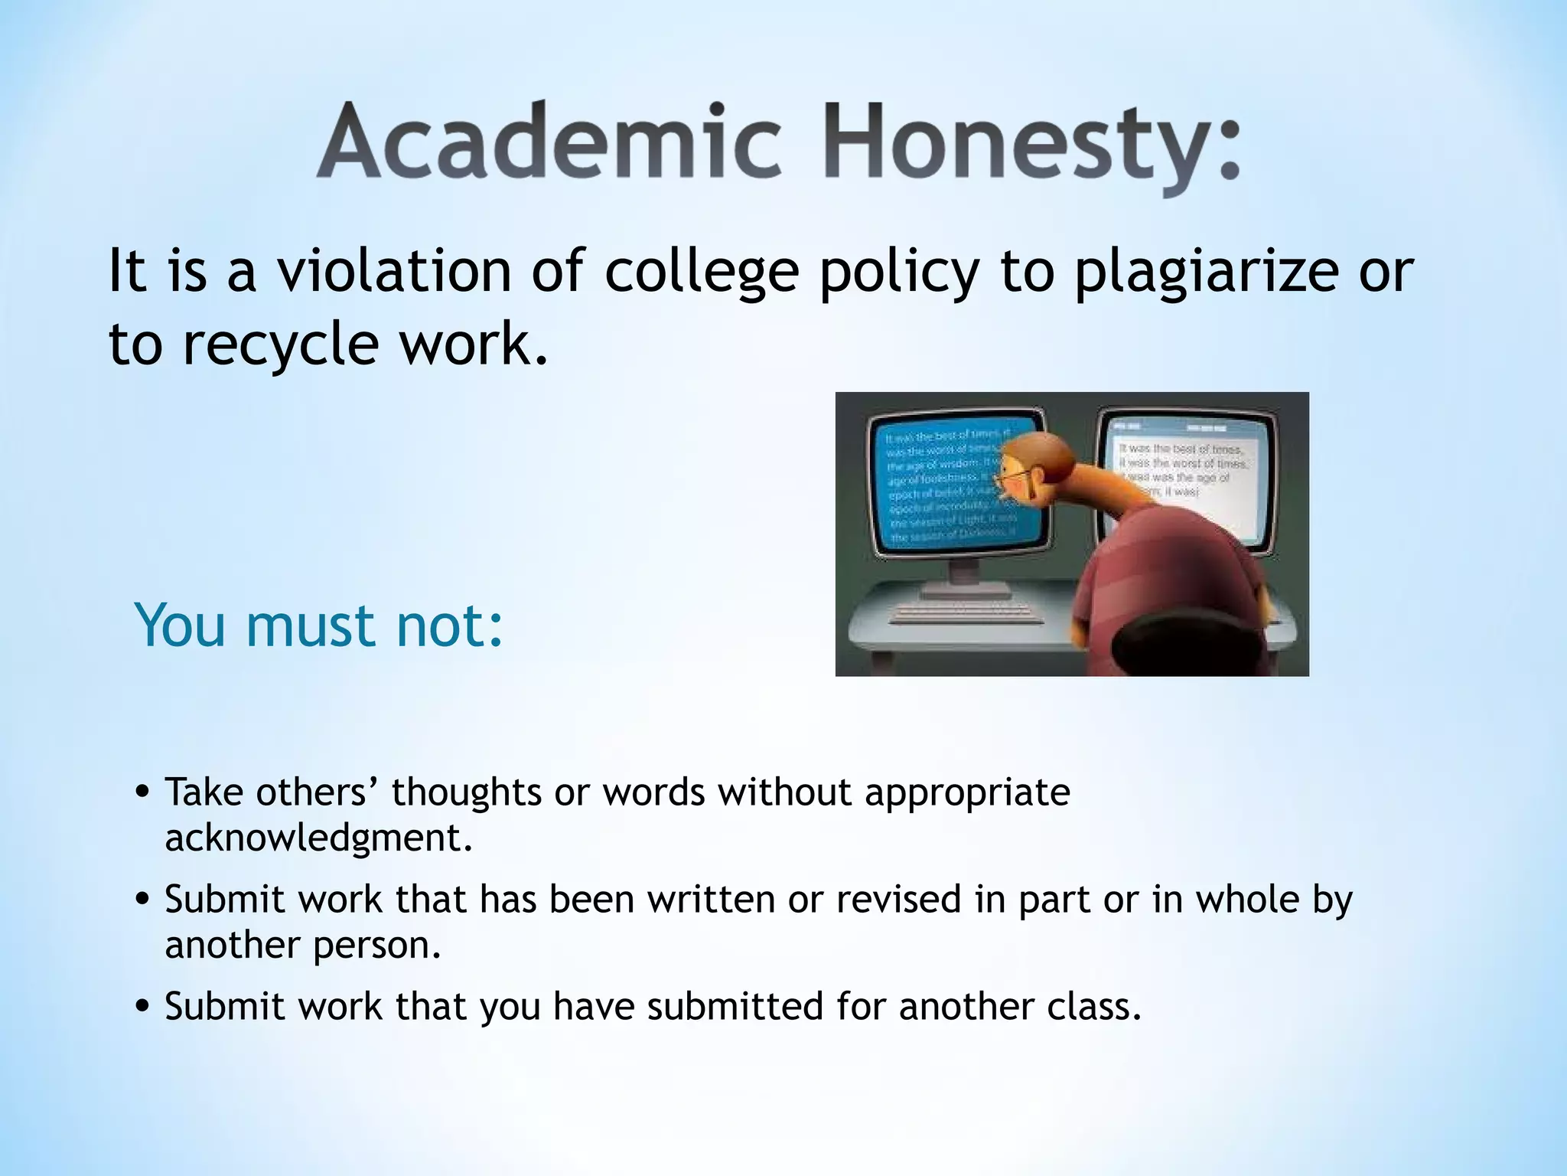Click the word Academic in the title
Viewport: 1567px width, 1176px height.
click(549, 142)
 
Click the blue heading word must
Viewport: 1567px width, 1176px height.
click(310, 626)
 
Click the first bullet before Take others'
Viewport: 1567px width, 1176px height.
click(142, 794)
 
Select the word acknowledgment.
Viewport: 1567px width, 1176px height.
click(318, 838)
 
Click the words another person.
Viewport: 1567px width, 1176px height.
click(303, 945)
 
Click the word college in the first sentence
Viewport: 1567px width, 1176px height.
click(702, 273)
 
